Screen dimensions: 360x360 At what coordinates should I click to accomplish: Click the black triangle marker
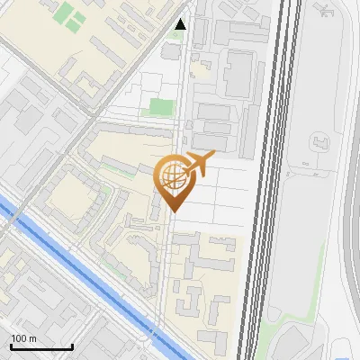pos(181,24)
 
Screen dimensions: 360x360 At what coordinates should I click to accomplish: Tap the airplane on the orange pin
pos(197,164)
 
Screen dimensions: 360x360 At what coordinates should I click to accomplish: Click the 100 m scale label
pos(23,338)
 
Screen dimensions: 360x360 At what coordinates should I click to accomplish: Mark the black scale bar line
pos(41,346)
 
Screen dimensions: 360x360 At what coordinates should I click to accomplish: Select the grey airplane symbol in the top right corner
pos(323,10)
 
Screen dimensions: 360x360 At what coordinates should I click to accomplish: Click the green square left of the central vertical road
pos(159,107)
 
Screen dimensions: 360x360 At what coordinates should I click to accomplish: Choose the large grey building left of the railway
pos(238,75)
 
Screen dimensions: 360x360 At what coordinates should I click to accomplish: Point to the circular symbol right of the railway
pos(318,143)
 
